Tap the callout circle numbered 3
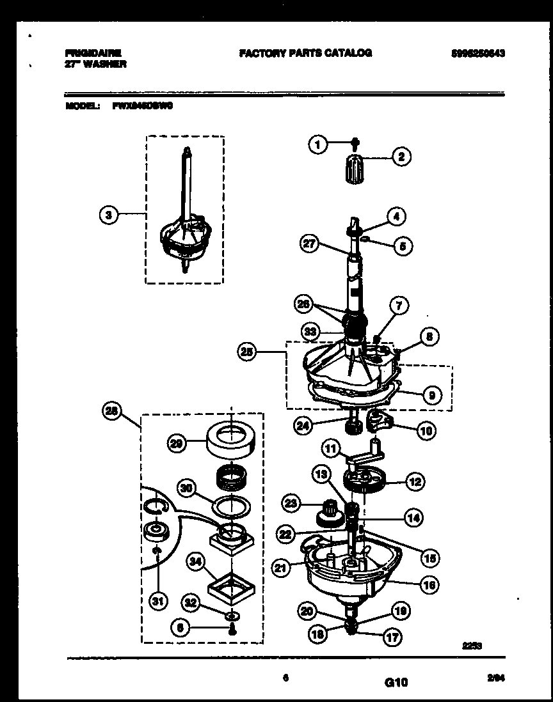pos(109,216)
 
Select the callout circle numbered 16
pos(429,584)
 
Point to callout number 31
pos(156,600)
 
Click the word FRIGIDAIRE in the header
pos(93,53)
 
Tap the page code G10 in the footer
pos(396,683)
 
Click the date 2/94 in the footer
pos(495,682)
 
